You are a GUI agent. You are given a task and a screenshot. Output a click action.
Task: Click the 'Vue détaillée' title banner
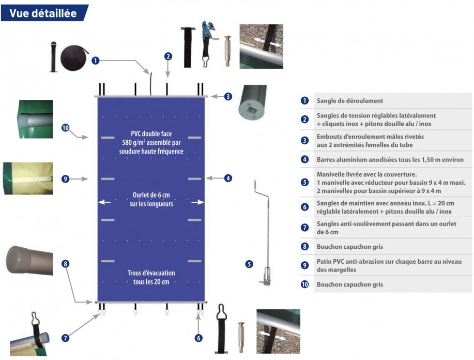[x=43, y=13]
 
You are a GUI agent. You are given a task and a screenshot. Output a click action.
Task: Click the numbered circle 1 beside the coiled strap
[x=95, y=61]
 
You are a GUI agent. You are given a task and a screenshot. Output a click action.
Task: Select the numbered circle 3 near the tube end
[x=228, y=96]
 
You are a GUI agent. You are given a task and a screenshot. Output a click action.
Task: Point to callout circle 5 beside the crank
[x=249, y=264]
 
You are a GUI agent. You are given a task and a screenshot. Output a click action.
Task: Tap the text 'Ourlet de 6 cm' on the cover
[x=151, y=196]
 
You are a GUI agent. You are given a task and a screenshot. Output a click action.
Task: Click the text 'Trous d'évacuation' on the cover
[x=151, y=273]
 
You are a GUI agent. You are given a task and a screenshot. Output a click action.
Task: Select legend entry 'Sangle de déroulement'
[x=349, y=101]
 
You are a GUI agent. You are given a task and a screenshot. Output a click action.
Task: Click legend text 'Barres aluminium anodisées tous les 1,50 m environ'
[x=390, y=160]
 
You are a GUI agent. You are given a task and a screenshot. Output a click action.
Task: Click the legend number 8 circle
[x=305, y=246]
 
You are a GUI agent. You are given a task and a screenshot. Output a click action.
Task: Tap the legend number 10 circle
[x=305, y=284]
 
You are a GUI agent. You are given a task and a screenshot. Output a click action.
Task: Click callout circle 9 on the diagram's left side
[x=65, y=179]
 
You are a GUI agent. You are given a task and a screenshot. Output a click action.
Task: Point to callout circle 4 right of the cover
[x=228, y=178]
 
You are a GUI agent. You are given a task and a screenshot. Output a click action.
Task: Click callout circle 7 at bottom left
[x=65, y=338]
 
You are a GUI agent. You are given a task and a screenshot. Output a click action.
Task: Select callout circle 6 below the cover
[x=198, y=338]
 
